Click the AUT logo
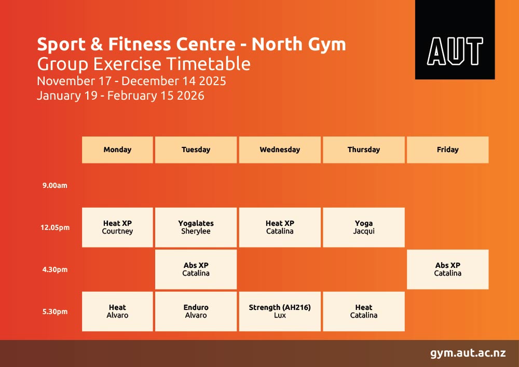pyautogui.click(x=455, y=40)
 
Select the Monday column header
pyautogui.click(x=117, y=149)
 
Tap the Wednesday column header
pyautogui.click(x=280, y=149)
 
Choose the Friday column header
pyautogui.click(x=447, y=149)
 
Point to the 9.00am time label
pyautogui.click(x=54, y=185)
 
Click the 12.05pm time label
pyautogui.click(x=55, y=227)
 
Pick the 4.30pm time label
pyautogui.click(x=54, y=269)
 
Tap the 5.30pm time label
pyautogui.click(x=54, y=311)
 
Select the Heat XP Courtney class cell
pyautogui.click(x=117, y=227)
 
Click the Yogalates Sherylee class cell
pyautogui.click(x=196, y=227)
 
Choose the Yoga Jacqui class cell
pyautogui.click(x=363, y=227)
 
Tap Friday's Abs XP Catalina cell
pyautogui.click(x=447, y=269)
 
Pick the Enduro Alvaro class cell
pyautogui.click(x=196, y=311)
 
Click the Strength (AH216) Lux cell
pyautogui.click(x=280, y=311)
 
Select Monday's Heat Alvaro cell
pyautogui.click(x=117, y=311)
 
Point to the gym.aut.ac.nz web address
pyautogui.click(x=468, y=353)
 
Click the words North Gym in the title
pyautogui.click(x=298, y=45)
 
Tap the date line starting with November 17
pyautogui.click(x=131, y=81)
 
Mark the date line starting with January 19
pyautogui.click(x=120, y=96)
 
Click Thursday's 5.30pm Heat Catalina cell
pyautogui.click(x=363, y=311)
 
